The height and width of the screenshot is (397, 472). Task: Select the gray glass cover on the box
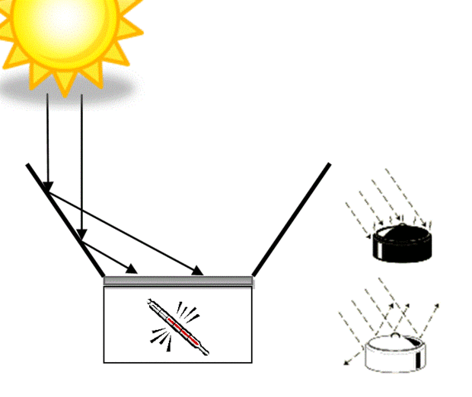coord(178,281)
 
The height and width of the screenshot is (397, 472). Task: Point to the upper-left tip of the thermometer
coord(150,303)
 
